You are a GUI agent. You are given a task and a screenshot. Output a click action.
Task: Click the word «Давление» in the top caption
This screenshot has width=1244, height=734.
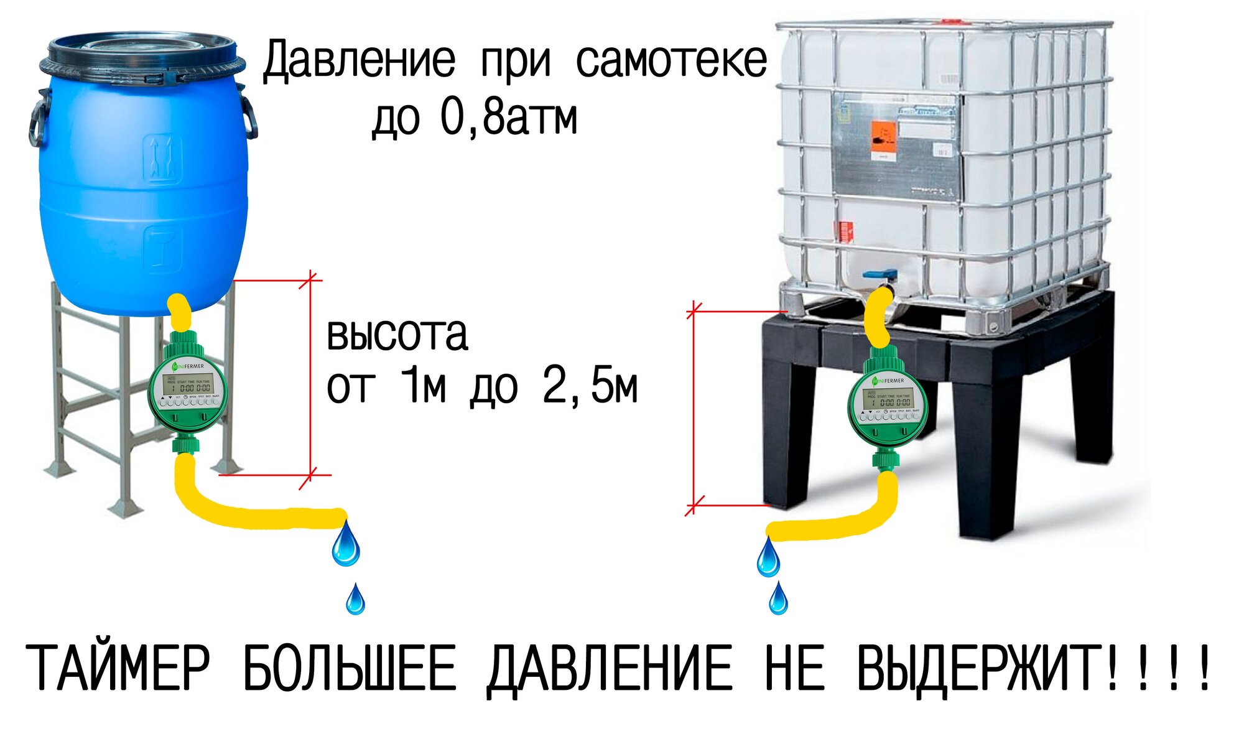[359, 61]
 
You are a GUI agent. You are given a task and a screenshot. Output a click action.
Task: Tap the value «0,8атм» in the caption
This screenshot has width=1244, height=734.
[509, 118]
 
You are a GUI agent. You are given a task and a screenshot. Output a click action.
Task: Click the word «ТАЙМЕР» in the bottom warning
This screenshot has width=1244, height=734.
[118, 668]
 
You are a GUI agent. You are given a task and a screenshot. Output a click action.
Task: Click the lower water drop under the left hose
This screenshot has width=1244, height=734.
[355, 600]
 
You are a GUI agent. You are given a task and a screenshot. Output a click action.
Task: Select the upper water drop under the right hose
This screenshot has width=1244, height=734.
[768, 559]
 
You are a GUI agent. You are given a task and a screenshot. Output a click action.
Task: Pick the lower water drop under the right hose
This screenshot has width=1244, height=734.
[778, 598]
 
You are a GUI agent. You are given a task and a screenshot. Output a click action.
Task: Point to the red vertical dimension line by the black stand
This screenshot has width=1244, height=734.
[693, 407]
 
